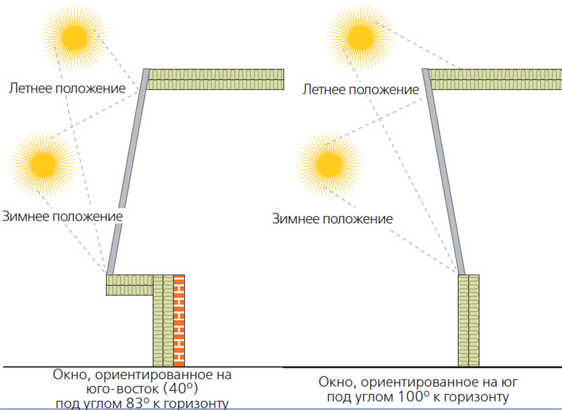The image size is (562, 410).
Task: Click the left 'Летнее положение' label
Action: point(67,88)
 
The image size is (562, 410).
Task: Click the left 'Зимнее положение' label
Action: point(63,216)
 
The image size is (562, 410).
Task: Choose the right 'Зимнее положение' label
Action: point(332,218)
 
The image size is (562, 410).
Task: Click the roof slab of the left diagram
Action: point(216,79)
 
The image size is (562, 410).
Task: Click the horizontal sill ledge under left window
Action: point(129,284)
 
